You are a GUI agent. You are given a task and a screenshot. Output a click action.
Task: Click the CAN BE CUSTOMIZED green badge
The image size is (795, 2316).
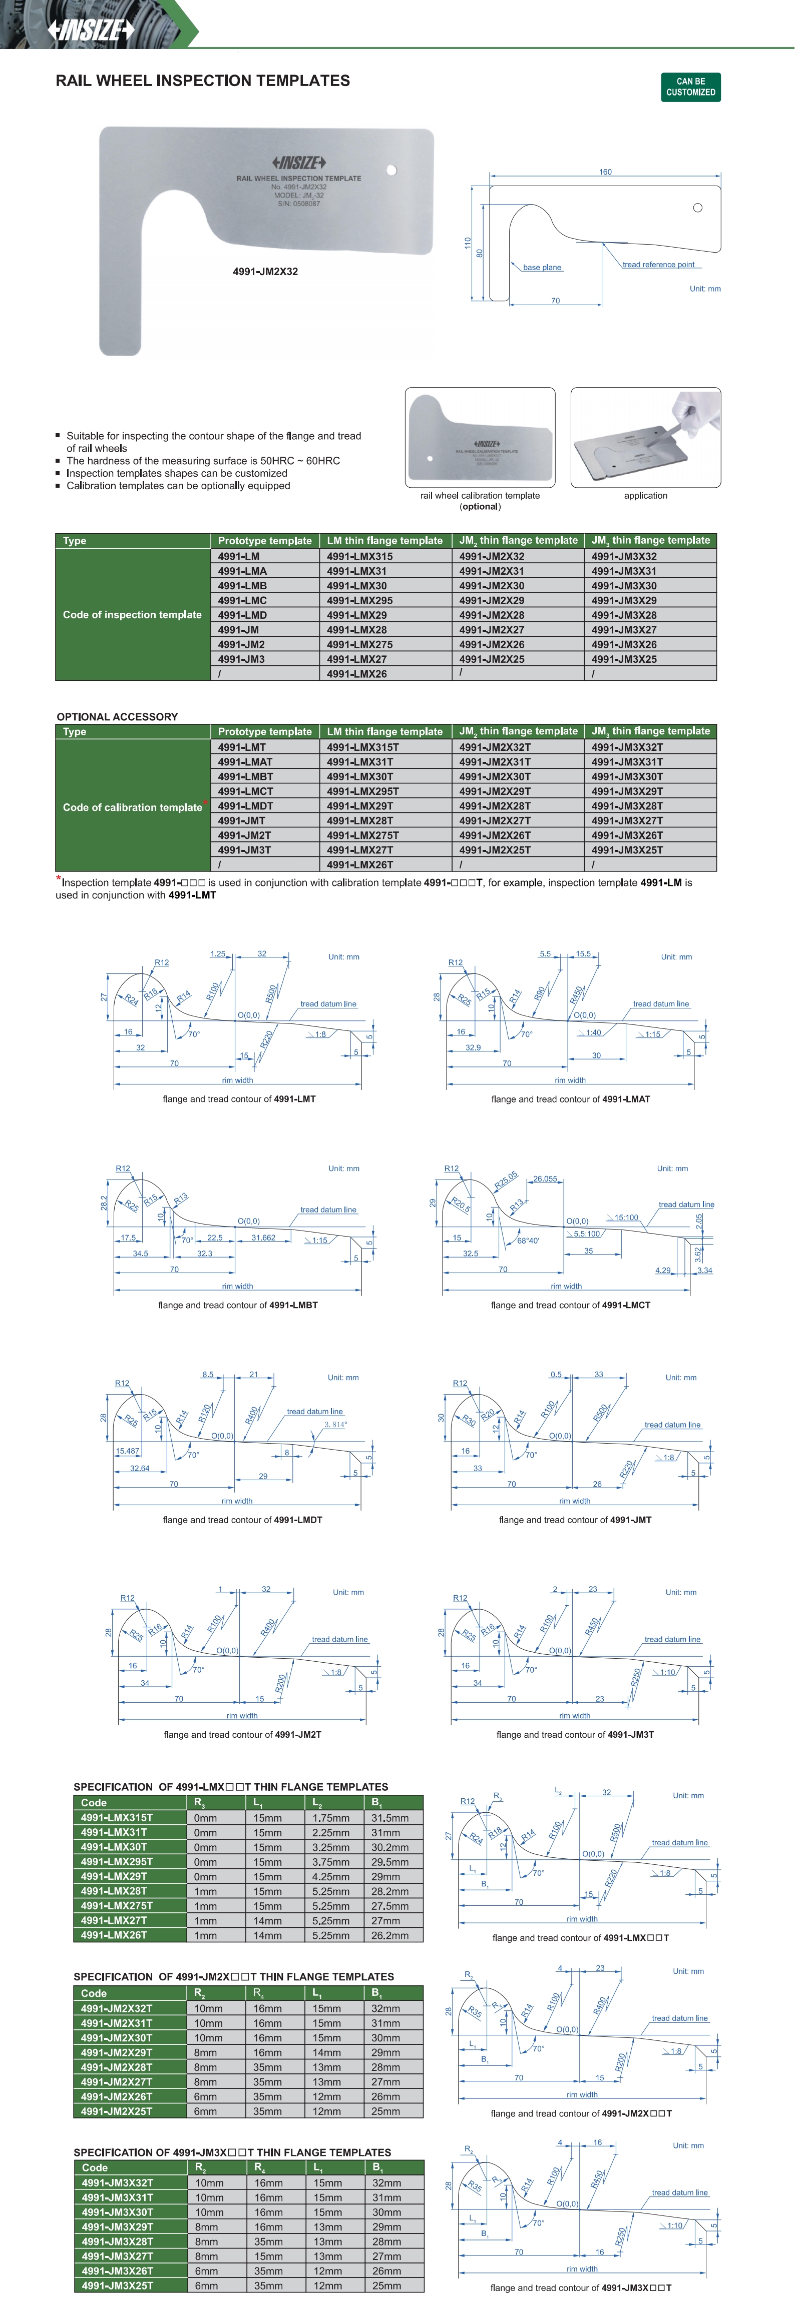[691, 87]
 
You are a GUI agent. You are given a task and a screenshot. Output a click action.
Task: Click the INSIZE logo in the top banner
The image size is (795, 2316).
[91, 30]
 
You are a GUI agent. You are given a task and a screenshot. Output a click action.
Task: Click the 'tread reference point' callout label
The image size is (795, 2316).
[658, 264]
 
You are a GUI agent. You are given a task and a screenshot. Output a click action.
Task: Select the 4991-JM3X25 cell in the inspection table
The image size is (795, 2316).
[624, 659]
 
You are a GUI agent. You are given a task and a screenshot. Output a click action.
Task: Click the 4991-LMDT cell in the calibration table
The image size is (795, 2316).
[245, 805]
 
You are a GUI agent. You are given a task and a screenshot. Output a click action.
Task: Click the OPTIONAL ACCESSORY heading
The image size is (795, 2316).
[117, 716]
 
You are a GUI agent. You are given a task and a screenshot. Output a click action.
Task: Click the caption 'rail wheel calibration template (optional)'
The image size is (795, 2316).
[480, 501]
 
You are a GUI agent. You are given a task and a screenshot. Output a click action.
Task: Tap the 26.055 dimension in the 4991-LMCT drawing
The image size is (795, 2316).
[545, 1179]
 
